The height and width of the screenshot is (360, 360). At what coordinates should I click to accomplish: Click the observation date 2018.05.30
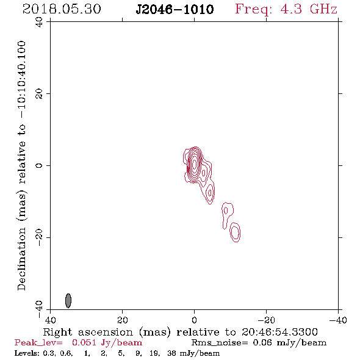[62, 9]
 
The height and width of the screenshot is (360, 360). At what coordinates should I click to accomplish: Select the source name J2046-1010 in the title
[175, 9]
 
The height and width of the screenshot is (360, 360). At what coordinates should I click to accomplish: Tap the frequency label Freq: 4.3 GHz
[286, 9]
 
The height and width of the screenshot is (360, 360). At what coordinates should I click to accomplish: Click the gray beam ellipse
[68, 301]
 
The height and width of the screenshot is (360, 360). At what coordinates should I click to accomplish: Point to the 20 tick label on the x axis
[122, 320]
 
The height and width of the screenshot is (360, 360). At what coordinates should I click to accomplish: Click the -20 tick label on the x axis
[266, 320]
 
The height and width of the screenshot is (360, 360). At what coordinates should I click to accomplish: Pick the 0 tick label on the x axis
[194, 320]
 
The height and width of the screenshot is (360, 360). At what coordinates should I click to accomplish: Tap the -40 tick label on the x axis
[338, 320]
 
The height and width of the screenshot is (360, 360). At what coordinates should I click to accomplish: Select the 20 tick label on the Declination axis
[39, 94]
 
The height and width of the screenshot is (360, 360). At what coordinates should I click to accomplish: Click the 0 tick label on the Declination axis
[39, 165]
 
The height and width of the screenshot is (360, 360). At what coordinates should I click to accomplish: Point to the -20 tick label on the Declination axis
[39, 237]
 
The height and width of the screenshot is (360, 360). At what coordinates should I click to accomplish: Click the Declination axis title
[21, 165]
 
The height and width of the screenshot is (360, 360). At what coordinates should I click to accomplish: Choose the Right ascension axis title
[181, 332]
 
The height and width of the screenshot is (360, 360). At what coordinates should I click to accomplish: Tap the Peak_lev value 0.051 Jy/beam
[107, 343]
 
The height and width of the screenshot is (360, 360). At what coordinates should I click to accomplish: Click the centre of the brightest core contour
[194, 164]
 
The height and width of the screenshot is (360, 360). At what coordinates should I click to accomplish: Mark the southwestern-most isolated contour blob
[235, 232]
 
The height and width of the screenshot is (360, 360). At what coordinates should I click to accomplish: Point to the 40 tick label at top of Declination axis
[39, 22]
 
